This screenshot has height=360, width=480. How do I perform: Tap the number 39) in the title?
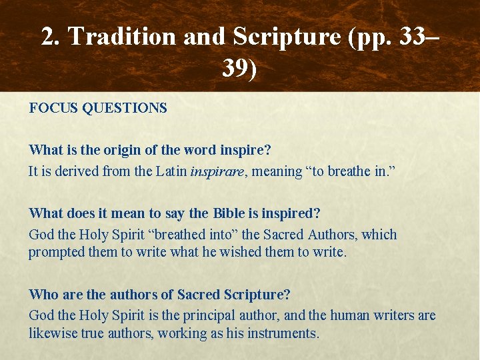point(239,67)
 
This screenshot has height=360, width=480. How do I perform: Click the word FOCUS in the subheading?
point(53,108)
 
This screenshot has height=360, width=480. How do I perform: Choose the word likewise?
point(51,333)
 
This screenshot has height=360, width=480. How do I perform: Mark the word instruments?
point(283,333)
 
